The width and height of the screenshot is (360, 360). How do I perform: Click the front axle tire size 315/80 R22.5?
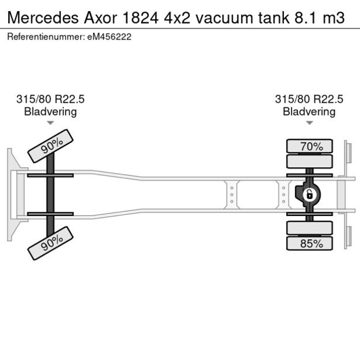tap(51, 99)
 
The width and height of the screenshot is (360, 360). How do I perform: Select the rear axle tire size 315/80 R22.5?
tap(309, 99)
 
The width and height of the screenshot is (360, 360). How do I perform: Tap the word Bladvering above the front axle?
tap(51, 111)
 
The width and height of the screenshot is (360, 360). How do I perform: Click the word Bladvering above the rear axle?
tap(309, 111)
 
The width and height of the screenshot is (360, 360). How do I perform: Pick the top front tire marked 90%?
tap(51, 146)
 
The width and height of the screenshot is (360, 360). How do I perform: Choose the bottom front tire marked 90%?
tap(51, 243)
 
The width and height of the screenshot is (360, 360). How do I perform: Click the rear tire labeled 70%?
tap(309, 146)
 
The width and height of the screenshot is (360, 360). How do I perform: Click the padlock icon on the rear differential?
tap(309, 194)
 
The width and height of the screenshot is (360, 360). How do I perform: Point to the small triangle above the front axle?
tap(51, 123)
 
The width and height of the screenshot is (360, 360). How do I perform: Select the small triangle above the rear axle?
tap(309, 123)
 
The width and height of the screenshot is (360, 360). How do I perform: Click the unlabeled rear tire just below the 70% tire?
tap(309, 161)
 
